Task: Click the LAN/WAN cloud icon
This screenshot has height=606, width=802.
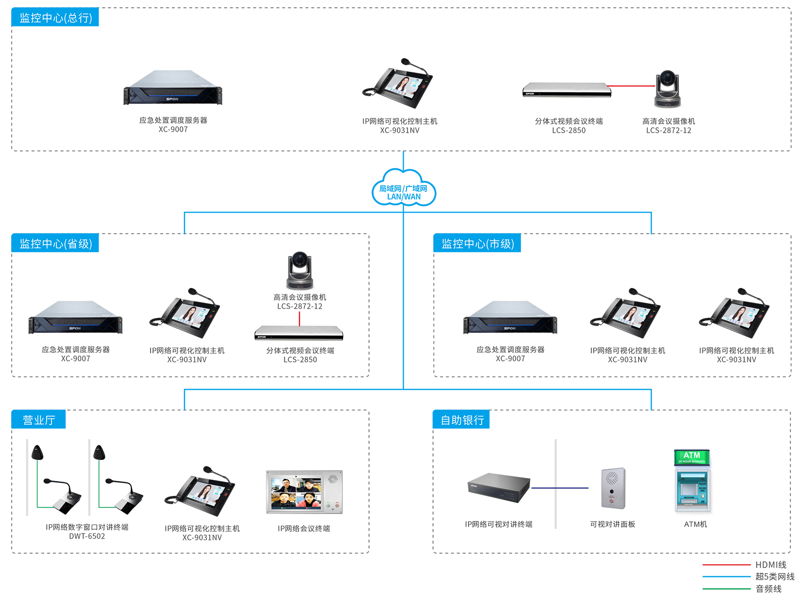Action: (404, 189)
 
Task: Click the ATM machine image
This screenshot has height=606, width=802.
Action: (692, 481)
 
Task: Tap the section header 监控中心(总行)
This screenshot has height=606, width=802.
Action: (55, 18)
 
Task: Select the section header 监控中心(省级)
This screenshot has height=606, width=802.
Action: (55, 244)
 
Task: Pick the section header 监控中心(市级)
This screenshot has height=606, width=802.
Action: (477, 244)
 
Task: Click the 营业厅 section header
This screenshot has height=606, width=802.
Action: (38, 420)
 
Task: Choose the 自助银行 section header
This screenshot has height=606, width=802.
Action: (462, 420)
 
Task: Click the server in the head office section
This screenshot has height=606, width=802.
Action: (173, 89)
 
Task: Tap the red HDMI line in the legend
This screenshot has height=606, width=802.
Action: (726, 565)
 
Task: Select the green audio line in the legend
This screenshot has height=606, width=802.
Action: (726, 589)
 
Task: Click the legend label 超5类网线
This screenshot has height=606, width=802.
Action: (775, 577)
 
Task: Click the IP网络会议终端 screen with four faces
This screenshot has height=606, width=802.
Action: (304, 492)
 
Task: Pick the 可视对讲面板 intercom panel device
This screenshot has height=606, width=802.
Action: (613, 488)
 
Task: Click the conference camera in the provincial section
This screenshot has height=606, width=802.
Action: (300, 270)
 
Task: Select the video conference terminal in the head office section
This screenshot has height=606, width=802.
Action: (567, 90)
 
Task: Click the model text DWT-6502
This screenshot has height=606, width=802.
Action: (87, 536)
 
